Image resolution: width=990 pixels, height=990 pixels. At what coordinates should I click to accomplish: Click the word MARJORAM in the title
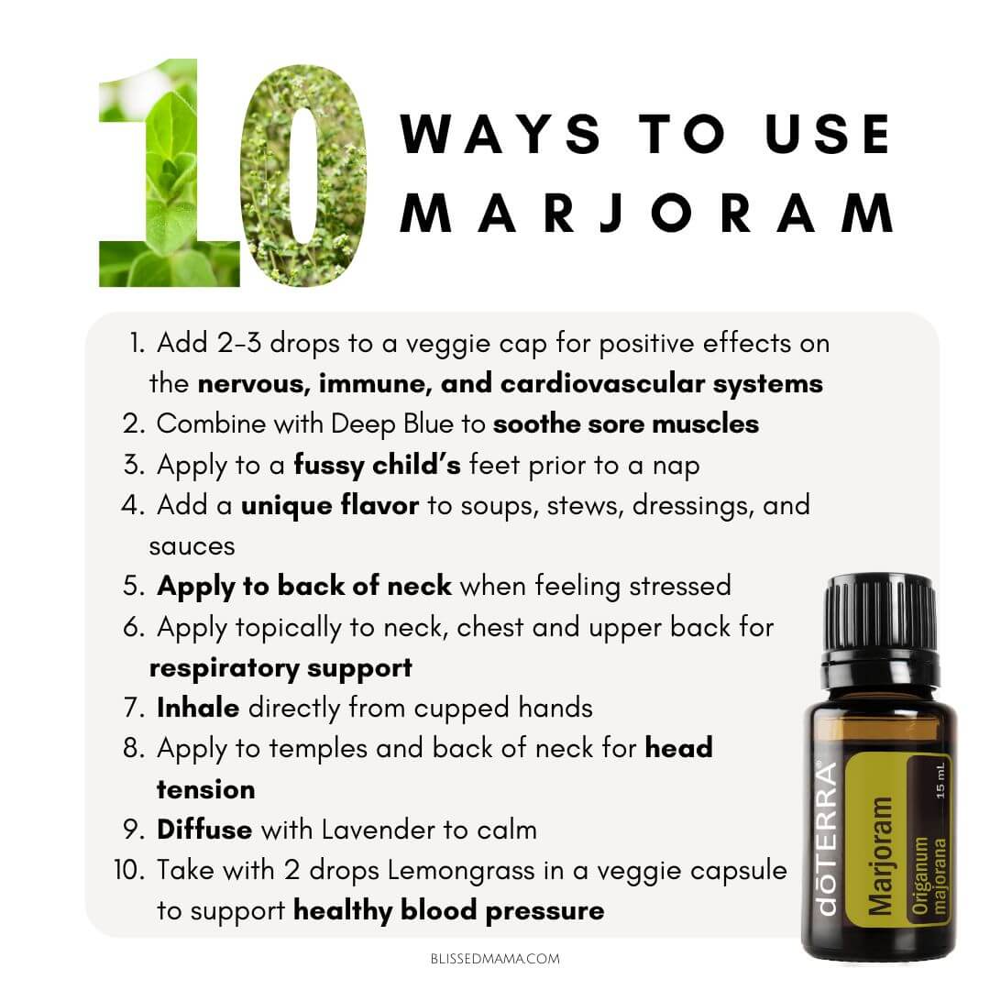click(646, 214)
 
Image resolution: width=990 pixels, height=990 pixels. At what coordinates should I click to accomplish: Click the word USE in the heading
click(828, 134)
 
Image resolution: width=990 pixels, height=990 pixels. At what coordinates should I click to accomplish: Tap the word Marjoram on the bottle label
click(880, 855)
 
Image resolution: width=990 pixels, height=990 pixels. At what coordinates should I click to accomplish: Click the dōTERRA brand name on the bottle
click(827, 840)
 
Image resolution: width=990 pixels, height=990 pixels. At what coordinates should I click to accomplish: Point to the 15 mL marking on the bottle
click(940, 780)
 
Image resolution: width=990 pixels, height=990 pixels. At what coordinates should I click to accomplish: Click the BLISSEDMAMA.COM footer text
click(495, 959)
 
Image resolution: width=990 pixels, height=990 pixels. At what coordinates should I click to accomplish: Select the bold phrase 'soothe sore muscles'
click(626, 424)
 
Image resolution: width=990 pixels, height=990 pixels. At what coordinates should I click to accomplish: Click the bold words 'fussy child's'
click(377, 466)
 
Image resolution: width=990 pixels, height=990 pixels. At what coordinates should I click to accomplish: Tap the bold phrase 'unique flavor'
click(330, 506)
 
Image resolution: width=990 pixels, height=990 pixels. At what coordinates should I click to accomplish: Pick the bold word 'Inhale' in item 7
click(198, 708)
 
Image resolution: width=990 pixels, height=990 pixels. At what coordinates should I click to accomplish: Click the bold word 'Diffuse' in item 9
click(203, 830)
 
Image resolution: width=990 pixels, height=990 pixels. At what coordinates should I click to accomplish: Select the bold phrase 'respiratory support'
click(280, 668)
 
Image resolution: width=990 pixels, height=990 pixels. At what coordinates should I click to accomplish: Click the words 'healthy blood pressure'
click(449, 911)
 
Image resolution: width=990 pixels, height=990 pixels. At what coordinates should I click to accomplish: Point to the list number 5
click(134, 586)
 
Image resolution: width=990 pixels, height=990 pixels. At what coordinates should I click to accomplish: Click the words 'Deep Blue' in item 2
click(392, 424)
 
